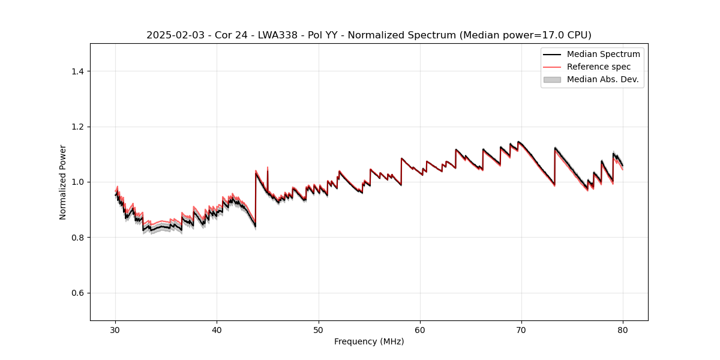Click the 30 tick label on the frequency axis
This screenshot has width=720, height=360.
click(x=116, y=330)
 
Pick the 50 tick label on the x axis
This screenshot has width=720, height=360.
click(x=319, y=330)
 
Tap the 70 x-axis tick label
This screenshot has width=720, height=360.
click(x=521, y=330)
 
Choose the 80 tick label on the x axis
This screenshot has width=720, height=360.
click(x=623, y=330)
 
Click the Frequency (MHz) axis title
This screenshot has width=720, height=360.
click(x=369, y=341)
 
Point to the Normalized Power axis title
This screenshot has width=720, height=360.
click(x=63, y=182)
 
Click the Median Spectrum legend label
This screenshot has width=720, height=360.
click(x=603, y=54)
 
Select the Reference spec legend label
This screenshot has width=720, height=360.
click(x=599, y=67)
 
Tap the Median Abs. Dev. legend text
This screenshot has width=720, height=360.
click(x=602, y=79)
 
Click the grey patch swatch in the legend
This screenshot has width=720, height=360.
click(x=552, y=79)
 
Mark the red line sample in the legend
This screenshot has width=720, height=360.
click(x=552, y=67)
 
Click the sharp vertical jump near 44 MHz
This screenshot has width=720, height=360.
click(x=256, y=198)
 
